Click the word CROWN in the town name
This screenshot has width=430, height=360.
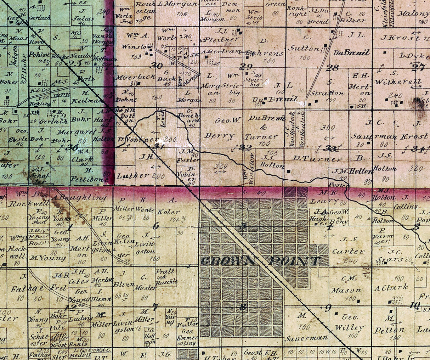(x=223, y=261)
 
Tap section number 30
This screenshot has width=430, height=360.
(x=156, y=66)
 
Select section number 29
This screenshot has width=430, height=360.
(x=246, y=67)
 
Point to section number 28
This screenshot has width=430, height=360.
(x=332, y=67)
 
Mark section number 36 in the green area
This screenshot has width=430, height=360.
(x=72, y=147)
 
